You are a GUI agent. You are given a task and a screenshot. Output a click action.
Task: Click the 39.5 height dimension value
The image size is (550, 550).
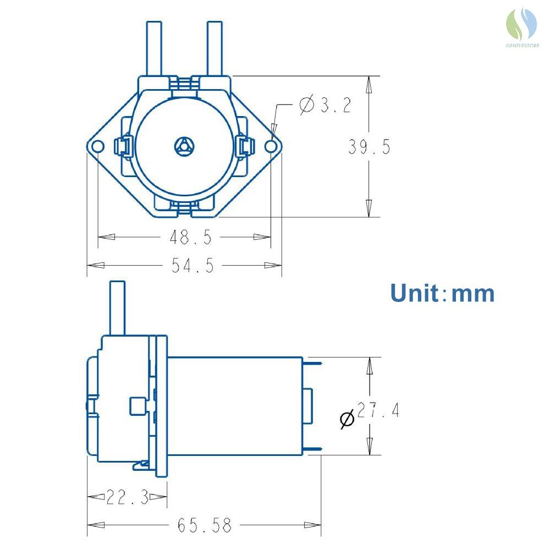click(x=369, y=147)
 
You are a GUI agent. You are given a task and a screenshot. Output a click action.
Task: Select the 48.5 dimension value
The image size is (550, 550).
click(x=191, y=237)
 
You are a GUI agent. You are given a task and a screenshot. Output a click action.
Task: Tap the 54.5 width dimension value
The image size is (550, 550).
click(x=193, y=266)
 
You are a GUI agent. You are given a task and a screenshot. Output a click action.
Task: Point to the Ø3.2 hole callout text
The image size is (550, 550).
click(x=326, y=105)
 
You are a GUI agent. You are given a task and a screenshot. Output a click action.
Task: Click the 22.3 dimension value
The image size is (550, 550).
click(x=128, y=497)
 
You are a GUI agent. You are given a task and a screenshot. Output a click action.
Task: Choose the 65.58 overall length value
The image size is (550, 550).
click(x=205, y=525)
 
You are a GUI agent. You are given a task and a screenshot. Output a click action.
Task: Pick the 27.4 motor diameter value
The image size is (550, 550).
click(x=378, y=410)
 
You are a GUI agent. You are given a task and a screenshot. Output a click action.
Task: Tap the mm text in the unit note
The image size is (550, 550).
click(x=473, y=294)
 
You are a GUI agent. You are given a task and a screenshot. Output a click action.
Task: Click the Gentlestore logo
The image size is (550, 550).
click(x=522, y=28)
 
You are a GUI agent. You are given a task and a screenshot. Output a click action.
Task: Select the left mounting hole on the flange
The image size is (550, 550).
click(x=97, y=146)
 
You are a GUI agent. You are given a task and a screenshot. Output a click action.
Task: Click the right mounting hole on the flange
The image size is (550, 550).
click(x=271, y=146)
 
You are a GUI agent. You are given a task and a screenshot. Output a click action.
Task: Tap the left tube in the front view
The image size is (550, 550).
click(x=154, y=49)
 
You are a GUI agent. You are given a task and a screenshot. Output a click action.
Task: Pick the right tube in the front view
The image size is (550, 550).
click(x=215, y=49)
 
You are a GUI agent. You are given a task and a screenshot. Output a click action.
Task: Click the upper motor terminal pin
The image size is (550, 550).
click(x=312, y=364)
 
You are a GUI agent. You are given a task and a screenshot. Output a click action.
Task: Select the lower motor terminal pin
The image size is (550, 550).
click(x=312, y=449)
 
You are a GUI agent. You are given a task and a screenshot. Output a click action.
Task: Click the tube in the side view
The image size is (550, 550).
click(x=118, y=308)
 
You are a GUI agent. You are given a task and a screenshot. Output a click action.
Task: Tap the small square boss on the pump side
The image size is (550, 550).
click(x=137, y=406)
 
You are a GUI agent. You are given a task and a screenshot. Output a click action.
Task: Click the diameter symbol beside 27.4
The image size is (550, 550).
click(x=347, y=419)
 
